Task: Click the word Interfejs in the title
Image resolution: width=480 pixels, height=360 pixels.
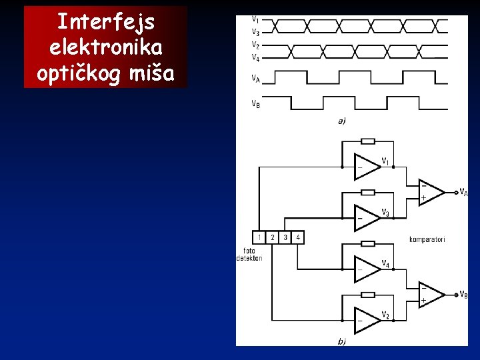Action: (105, 23)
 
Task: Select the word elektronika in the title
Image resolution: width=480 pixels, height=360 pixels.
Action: (105, 49)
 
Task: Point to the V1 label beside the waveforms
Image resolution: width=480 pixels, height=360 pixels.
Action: (255, 19)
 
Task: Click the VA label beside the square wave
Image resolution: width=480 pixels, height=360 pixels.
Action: (255, 77)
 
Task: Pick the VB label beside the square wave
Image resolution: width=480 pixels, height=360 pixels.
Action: (255, 103)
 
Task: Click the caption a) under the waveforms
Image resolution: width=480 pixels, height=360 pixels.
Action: (341, 121)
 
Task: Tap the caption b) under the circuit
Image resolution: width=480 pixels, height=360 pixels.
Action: (341, 341)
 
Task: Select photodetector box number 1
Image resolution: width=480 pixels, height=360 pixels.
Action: (259, 237)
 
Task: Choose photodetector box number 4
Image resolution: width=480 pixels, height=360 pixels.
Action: (298, 237)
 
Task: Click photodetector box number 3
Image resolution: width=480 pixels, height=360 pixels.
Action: (285, 237)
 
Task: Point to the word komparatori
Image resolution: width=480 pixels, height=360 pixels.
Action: (427, 239)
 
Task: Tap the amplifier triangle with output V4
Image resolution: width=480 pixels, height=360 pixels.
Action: (367, 269)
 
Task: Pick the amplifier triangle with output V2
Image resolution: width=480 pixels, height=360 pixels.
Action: (367, 320)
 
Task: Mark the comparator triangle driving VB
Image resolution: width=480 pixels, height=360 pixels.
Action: (430, 294)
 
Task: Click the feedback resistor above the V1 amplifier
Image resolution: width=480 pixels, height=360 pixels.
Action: (367, 141)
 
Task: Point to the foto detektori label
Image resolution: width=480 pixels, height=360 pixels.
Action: (249, 255)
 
